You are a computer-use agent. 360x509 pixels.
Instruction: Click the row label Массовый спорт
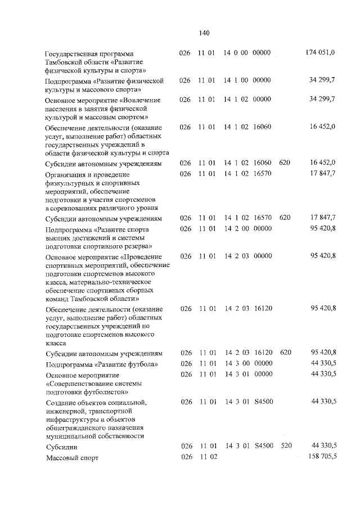(x=72, y=458)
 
